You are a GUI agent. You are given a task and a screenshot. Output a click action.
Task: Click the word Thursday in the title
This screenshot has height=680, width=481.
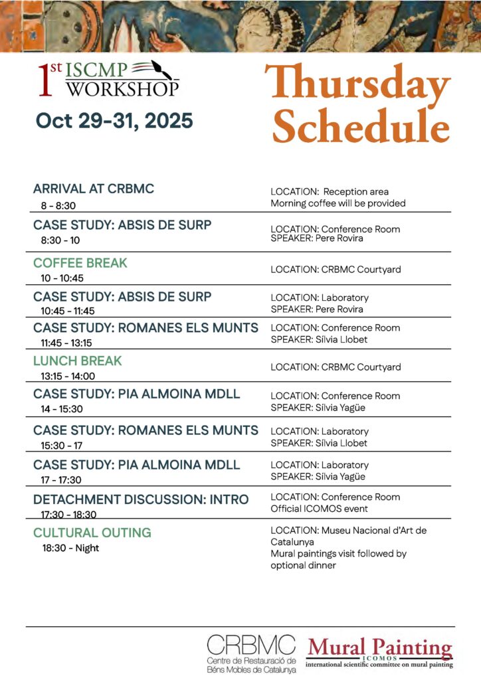357,86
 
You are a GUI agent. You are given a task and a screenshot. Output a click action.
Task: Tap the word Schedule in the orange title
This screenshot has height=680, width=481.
361,127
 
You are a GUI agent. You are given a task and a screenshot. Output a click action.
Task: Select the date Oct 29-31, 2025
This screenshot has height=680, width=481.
114,121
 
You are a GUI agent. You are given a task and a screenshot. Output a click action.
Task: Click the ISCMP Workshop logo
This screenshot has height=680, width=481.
108,79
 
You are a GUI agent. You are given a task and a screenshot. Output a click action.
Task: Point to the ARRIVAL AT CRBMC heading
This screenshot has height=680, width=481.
94,189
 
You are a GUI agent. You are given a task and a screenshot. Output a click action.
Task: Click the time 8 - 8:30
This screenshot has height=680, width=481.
58,206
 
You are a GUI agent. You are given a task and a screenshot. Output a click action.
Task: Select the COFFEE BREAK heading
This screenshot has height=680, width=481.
80,263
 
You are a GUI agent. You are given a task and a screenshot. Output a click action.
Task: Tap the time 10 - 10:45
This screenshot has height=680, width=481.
62,278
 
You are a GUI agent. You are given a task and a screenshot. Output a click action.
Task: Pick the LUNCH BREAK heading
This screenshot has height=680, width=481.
78,361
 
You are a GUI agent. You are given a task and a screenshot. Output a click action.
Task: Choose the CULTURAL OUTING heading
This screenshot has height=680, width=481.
92,533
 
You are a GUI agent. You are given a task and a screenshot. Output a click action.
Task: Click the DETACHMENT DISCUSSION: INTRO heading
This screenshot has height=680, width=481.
141,499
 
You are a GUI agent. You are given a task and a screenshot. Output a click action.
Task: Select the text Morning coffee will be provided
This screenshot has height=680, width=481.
337,203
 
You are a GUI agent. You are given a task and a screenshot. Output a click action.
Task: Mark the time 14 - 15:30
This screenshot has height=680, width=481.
62,409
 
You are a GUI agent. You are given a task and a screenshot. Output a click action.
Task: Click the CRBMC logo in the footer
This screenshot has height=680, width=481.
251,653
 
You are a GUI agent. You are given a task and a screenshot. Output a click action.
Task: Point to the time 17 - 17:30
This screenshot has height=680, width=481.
62,480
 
